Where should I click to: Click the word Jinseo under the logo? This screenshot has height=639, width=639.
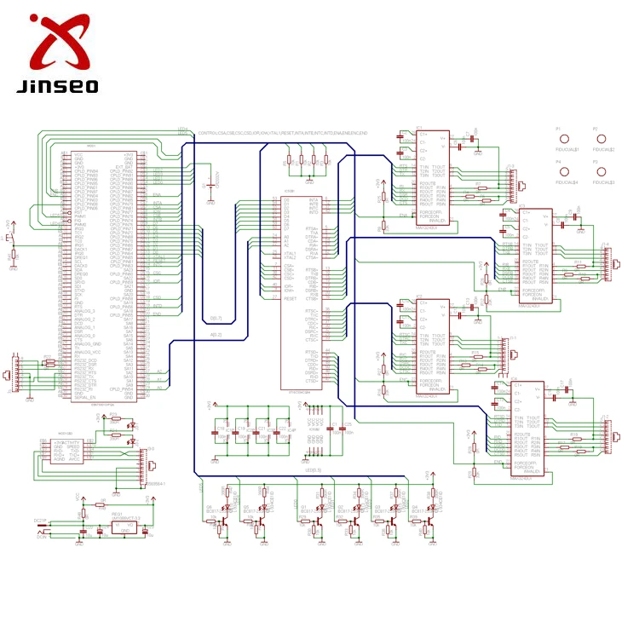(57, 86)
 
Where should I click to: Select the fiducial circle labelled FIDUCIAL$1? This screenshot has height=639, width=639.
(565, 139)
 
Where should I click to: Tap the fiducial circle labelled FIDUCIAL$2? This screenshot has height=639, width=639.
(601, 139)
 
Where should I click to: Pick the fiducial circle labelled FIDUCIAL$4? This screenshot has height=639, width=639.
(565, 172)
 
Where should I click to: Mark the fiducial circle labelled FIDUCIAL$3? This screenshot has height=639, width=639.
(601, 172)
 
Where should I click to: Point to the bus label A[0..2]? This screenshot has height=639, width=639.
(216, 335)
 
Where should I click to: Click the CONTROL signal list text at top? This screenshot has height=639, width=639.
(281, 134)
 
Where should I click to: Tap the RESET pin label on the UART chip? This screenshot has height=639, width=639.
(291, 299)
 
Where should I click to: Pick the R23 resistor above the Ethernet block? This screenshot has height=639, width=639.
(113, 417)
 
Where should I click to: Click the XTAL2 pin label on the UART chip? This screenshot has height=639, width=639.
(291, 258)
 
